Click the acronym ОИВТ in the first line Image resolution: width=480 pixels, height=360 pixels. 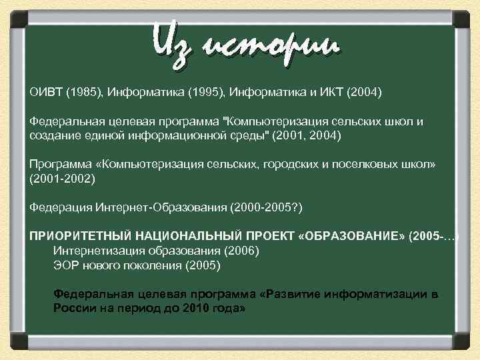[x=45, y=91]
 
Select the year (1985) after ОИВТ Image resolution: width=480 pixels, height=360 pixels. [x=83, y=91]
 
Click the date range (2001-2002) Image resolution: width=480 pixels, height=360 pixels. [x=63, y=179]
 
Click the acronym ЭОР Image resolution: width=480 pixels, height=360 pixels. [x=65, y=265]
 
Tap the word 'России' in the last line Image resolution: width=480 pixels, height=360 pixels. [x=72, y=309]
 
